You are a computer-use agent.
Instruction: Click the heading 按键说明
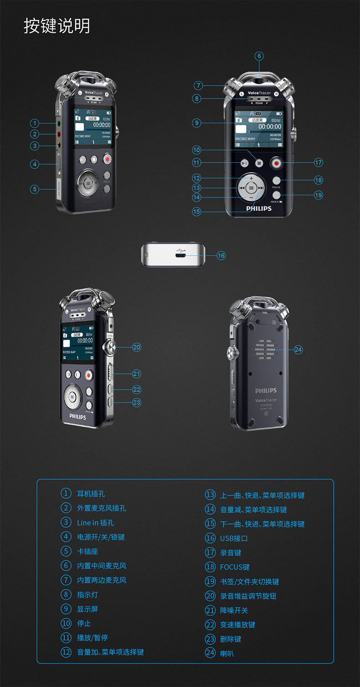(57, 26)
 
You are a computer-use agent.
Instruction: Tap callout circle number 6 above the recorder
(259, 56)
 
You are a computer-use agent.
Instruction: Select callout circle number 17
(318, 162)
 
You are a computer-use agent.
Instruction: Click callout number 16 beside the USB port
(221, 256)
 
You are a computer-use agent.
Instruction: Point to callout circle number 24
(298, 349)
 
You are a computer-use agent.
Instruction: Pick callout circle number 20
(137, 347)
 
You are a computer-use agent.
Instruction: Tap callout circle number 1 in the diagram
(35, 123)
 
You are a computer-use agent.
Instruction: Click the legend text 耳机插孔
(91, 494)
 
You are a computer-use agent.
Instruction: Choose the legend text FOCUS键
(235, 567)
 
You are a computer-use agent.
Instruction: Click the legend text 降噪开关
(234, 610)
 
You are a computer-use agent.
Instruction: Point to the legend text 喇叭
(227, 654)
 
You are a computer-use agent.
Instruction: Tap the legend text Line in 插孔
(95, 523)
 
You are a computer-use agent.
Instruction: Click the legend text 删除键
(231, 639)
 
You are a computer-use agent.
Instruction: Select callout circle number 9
(196, 123)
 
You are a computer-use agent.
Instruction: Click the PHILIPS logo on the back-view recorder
(266, 391)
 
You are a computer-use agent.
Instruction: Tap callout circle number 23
(137, 402)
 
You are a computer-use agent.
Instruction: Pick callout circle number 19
(318, 195)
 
